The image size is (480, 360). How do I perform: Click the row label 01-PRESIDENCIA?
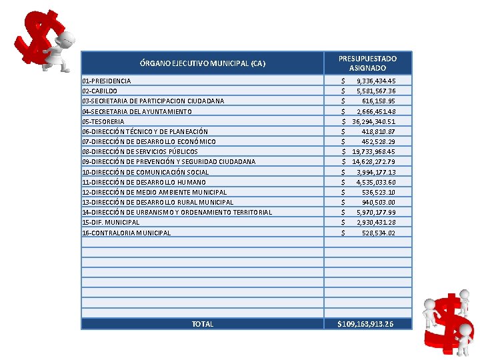pyautogui.click(x=107, y=81)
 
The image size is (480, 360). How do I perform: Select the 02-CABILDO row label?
pyautogui.click(x=100, y=91)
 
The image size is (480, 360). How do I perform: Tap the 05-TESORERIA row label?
pyautogui.click(x=103, y=121)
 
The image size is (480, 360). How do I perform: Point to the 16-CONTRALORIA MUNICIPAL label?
pyautogui.click(x=127, y=233)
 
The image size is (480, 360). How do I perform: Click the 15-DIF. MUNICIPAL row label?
pyautogui.click(x=111, y=222)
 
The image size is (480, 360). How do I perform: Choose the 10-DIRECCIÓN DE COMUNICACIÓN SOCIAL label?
pyautogui.click(x=145, y=172)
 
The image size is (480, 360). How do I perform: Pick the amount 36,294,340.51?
pyautogui.click(x=373, y=121)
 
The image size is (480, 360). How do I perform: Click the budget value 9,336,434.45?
pyautogui.click(x=375, y=81)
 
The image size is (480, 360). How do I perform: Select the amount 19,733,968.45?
pyautogui.click(x=373, y=151)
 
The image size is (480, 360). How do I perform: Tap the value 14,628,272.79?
pyautogui.click(x=373, y=161)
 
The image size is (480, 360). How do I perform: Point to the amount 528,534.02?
pyautogui.click(x=378, y=233)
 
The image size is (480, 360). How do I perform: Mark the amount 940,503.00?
pyautogui.click(x=378, y=202)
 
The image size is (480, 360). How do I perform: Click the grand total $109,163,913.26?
pyautogui.click(x=365, y=324)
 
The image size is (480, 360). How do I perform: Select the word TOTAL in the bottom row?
pyautogui.click(x=203, y=324)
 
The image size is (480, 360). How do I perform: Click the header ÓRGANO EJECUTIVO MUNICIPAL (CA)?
pyautogui.click(x=203, y=64)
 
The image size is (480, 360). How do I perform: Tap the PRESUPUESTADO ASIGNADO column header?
pyautogui.click(x=367, y=63)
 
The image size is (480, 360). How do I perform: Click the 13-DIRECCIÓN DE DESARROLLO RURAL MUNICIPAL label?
pyautogui.click(x=158, y=202)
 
